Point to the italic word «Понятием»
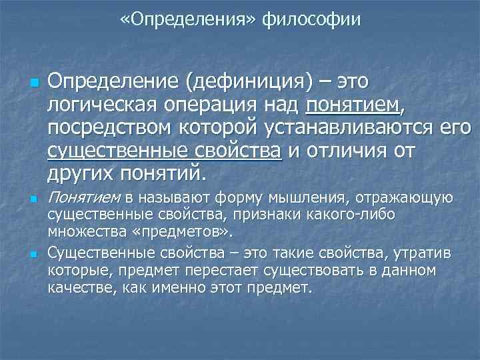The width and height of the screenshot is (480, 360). pyautogui.click(x=84, y=198)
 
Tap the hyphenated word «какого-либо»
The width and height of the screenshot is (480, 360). pyautogui.click(x=357, y=215)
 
